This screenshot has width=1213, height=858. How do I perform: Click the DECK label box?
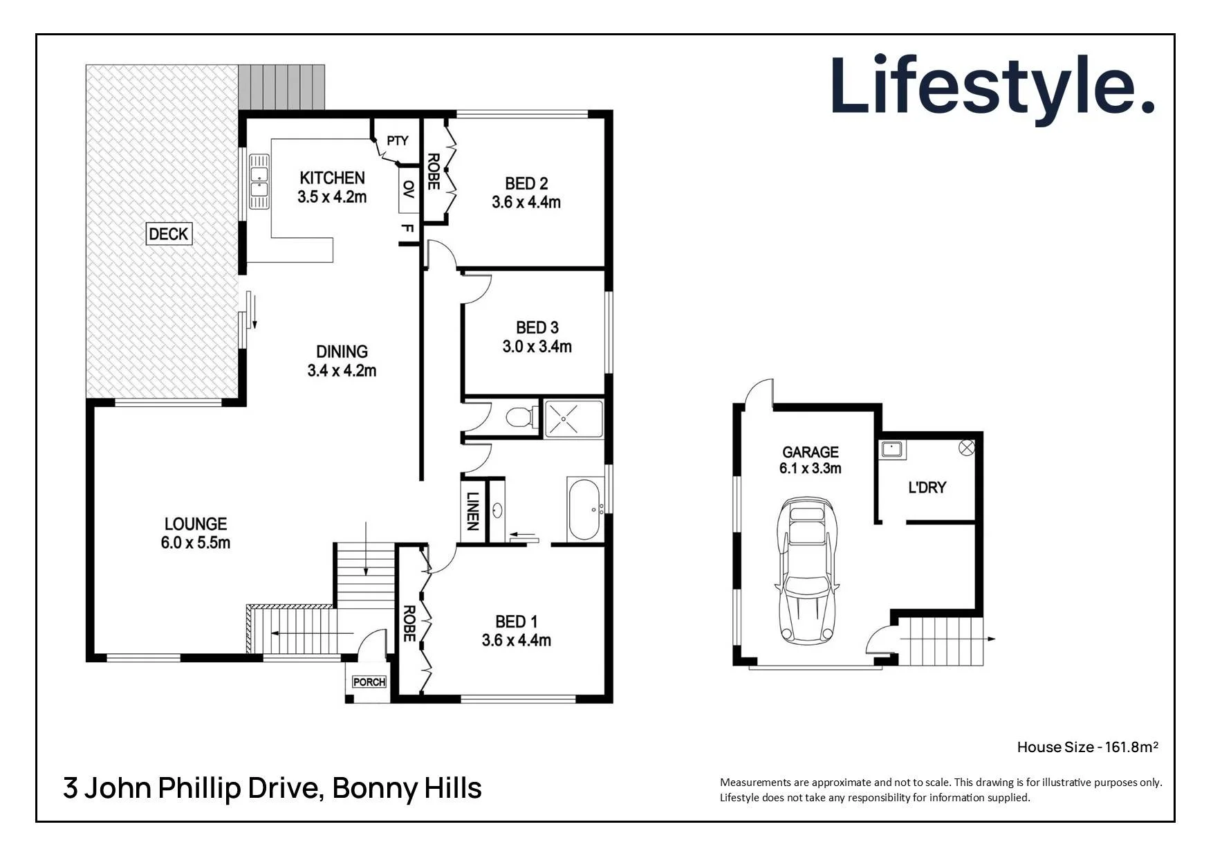point(169,234)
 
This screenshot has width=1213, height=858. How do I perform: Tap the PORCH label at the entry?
point(369,682)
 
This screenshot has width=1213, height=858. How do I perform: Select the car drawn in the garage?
point(807,569)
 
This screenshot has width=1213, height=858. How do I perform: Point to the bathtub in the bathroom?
point(584,509)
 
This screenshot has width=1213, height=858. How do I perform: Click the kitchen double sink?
point(259,181)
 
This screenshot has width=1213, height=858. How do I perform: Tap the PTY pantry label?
point(398,141)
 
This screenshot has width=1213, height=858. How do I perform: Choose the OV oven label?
point(409,190)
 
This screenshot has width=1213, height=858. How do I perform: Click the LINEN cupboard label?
point(473,511)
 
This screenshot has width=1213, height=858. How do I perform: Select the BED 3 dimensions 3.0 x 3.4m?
point(537,347)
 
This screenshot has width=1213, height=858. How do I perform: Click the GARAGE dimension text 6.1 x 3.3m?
point(810,468)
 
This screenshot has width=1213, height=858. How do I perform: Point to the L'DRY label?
point(927,488)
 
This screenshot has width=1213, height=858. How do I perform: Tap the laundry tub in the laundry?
point(892,450)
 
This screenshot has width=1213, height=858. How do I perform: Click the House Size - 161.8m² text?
point(1087,747)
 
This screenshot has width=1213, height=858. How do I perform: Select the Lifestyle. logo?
point(993,86)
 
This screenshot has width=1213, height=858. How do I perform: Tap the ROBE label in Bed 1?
point(409,623)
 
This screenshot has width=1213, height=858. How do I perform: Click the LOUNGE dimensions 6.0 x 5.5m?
point(196,543)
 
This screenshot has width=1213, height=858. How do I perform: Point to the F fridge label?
point(408,229)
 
